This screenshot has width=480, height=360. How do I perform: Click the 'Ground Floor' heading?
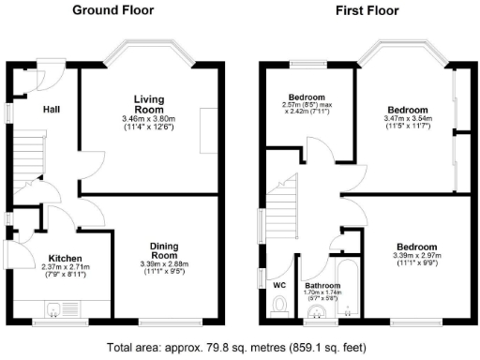[x=114, y=10]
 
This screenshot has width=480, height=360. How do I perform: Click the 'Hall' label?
[x=52, y=110]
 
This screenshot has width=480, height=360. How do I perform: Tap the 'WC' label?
[x=278, y=285]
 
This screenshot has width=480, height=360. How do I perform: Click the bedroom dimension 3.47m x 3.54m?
[x=408, y=120]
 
